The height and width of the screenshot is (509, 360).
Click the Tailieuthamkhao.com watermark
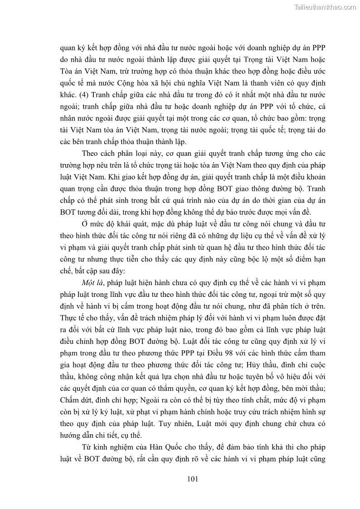[x=326, y=7]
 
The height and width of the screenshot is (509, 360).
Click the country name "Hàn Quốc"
[x=145, y=447]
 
